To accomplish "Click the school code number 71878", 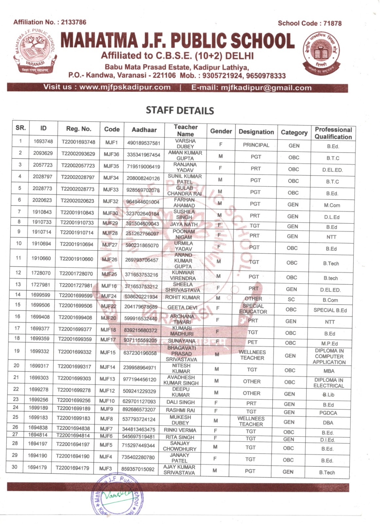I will click(x=332, y=23).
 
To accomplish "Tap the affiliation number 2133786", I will click(x=74, y=22).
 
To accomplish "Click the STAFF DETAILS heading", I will click(x=180, y=110).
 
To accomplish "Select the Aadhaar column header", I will click(x=144, y=130).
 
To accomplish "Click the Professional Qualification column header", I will click(x=333, y=133).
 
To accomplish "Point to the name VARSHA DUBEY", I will click(x=185, y=144).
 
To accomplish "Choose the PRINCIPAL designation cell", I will click(x=256, y=145).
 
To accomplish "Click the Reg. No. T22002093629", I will click(x=78, y=154).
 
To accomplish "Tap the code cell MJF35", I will click(x=111, y=166).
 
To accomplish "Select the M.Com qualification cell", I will click(x=332, y=205).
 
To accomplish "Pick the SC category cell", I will click(x=291, y=299).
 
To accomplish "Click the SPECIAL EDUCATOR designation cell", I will click(x=253, y=309).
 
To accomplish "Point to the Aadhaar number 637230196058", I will click(x=140, y=353).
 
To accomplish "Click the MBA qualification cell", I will click(x=329, y=371).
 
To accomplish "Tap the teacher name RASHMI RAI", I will click(x=180, y=410).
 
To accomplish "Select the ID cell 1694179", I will click(x=37, y=467).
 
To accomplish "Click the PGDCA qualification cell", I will click(x=328, y=413).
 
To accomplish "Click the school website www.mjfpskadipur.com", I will click(x=125, y=87).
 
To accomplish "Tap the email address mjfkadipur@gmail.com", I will click(x=266, y=88).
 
